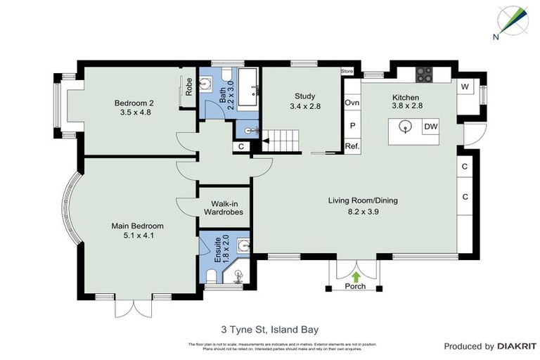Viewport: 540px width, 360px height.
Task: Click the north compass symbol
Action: coord(513,21)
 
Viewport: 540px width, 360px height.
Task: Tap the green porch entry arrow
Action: coord(356,276)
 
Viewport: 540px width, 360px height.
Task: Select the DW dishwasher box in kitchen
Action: coord(430,127)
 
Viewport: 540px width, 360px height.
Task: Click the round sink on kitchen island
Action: coord(405,127)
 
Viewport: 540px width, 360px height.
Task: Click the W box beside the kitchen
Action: coord(465,86)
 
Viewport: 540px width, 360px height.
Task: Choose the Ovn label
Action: coord(352,103)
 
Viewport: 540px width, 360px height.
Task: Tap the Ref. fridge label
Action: coord(352,146)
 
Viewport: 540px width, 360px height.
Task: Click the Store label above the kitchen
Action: coord(347,71)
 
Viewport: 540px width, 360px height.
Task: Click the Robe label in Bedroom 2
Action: coord(189,86)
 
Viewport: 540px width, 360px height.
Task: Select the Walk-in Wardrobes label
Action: coord(223,206)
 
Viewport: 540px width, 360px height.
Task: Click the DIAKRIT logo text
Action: coord(517,346)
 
